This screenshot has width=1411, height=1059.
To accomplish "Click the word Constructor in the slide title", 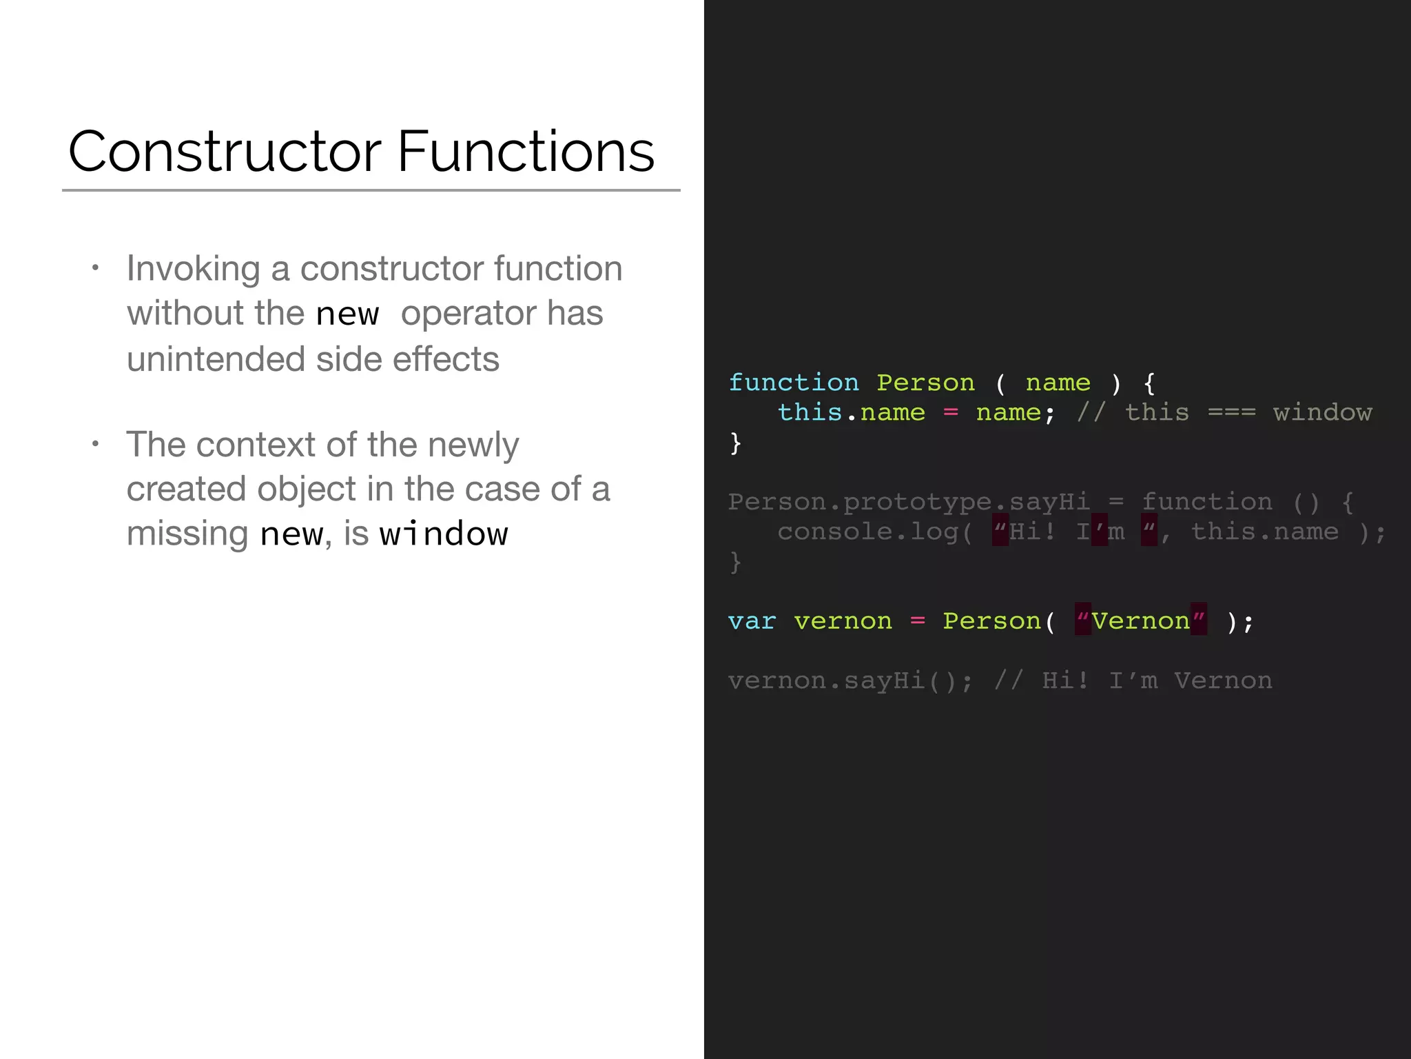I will [225, 152].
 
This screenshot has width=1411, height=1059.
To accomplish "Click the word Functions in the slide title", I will [526, 152].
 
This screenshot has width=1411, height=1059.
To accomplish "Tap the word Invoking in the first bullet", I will [194, 269].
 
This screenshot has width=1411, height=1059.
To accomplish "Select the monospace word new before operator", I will [347, 314].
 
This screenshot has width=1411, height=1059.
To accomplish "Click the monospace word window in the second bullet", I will [444, 534].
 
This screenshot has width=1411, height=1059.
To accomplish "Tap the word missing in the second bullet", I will [187, 534].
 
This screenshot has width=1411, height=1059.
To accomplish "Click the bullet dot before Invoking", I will [96, 267].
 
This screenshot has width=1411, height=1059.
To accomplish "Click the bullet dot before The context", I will [96, 443].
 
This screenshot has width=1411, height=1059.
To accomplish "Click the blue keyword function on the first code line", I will [794, 383].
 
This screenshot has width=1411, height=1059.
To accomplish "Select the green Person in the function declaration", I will [925, 383].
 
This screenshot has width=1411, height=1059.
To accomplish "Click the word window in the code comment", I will [1322, 412].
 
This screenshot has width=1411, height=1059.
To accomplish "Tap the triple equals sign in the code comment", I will [1232, 412].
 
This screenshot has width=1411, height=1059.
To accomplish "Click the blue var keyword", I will [752, 621].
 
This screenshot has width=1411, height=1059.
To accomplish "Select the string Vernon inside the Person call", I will [1140, 621].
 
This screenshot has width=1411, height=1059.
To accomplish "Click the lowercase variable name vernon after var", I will [843, 621].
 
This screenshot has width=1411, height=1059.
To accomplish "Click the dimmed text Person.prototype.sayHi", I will [909, 502].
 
